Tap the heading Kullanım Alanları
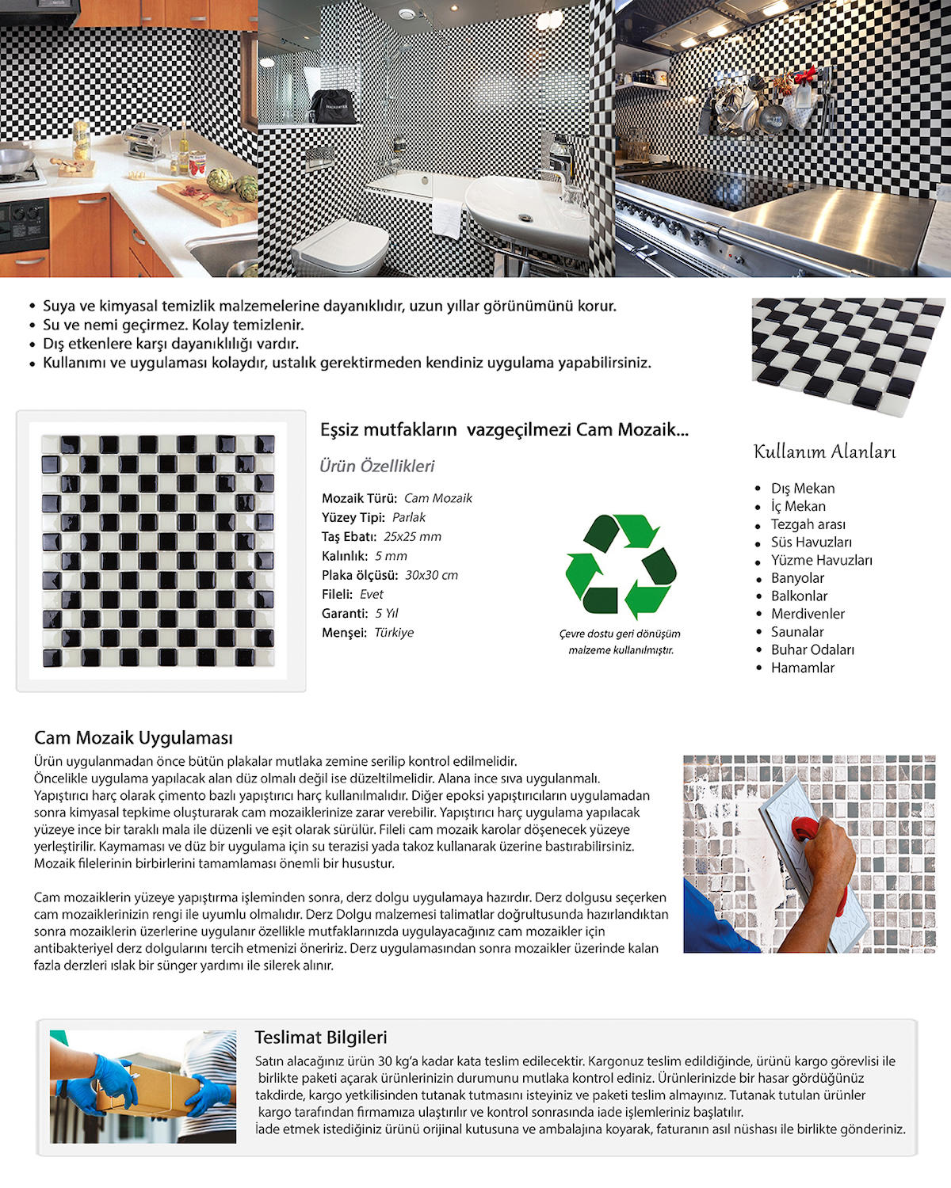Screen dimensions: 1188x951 [824, 452]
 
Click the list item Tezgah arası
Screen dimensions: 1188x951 [808, 524]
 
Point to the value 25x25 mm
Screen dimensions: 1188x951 [412, 537]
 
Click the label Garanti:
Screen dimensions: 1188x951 [345, 614]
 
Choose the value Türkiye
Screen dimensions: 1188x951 [394, 633]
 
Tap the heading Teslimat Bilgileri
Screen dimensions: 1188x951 [321, 1038]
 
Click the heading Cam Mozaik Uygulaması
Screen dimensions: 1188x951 [133, 738]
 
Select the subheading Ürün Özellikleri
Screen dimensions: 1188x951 [376, 466]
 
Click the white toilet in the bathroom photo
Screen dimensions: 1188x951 [339, 248]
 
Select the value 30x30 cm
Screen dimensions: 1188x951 [431, 575]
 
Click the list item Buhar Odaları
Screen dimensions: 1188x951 [812, 650]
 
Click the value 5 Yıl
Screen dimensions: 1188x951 [387, 614]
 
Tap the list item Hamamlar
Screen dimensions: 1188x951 [802, 668]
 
